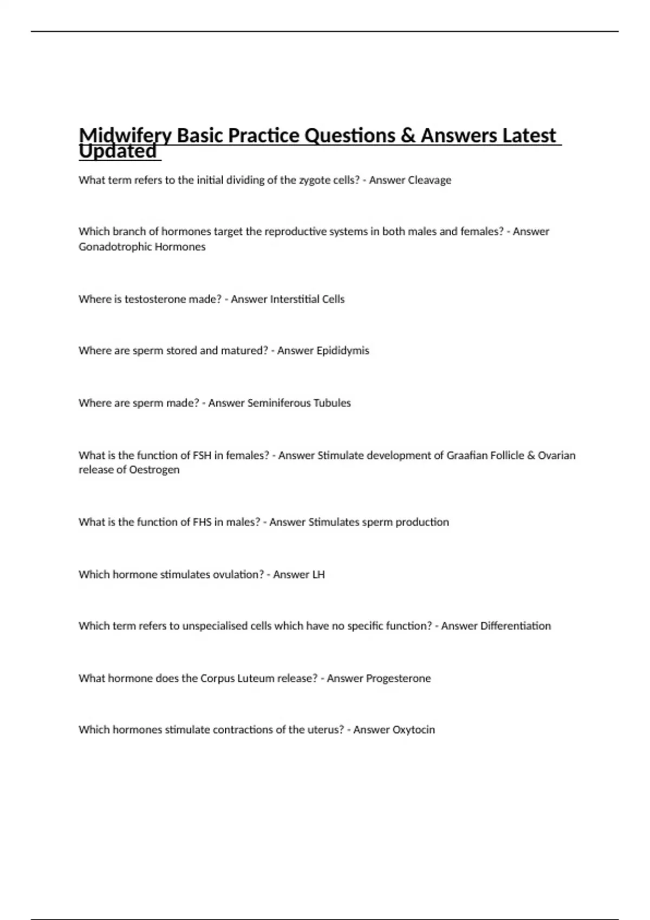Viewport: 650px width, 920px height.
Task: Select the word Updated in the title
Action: [118, 152]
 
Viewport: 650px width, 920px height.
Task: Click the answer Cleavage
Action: [429, 180]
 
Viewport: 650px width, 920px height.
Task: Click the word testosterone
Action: [155, 299]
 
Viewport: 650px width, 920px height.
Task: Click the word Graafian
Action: [466, 456]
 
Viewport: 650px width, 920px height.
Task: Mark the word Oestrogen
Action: [154, 470]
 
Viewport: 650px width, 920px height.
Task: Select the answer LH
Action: [318, 575]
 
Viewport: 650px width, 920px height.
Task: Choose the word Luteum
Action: [256, 679]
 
